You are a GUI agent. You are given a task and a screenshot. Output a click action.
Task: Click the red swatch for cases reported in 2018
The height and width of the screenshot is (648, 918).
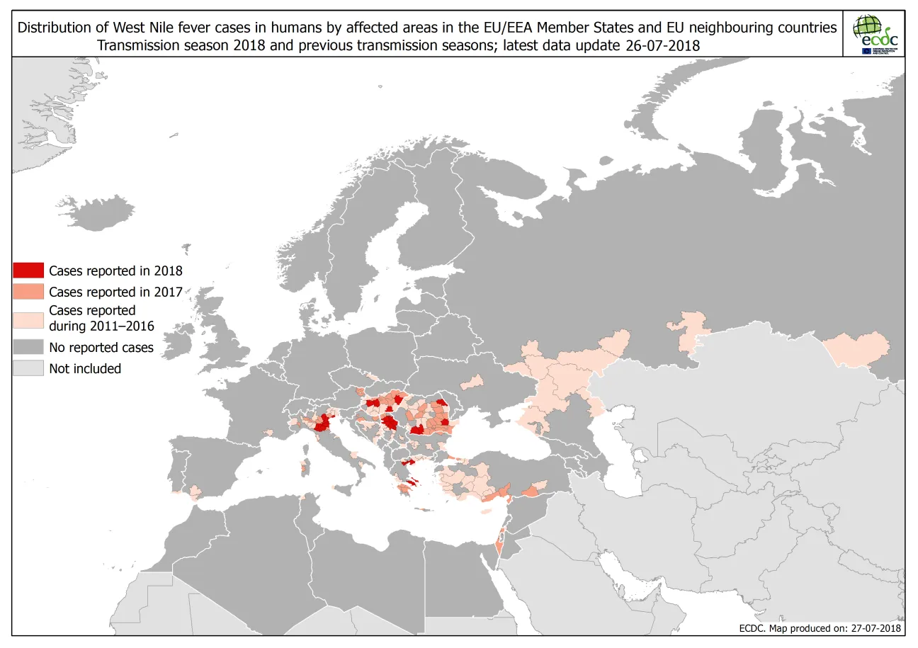point(28,271)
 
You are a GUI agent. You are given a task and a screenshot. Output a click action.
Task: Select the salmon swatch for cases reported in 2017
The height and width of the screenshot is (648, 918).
point(28,292)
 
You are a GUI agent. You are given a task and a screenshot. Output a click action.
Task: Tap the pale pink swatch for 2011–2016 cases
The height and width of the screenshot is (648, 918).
point(28,318)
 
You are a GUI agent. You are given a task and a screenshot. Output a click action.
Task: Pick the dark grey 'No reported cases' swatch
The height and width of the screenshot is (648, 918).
point(28,348)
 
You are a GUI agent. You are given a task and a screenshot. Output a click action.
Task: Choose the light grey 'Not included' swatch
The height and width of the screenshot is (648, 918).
point(28,368)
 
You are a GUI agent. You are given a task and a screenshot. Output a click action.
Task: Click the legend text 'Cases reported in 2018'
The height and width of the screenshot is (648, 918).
point(115,271)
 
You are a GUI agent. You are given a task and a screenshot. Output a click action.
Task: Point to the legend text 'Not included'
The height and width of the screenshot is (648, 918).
point(84,368)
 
